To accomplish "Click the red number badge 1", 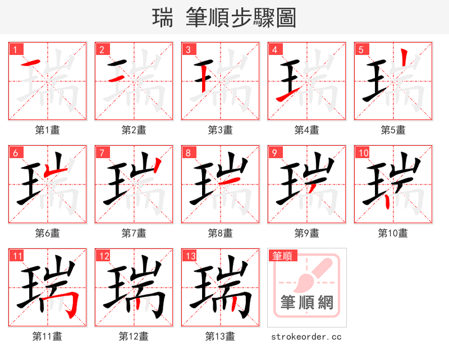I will tap(15, 49).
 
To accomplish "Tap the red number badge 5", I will tap(361, 49).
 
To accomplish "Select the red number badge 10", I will tap(363, 153).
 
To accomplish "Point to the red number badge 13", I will tap(190, 256).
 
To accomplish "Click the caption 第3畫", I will tap(220, 130).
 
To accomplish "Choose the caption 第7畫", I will tap(134, 233).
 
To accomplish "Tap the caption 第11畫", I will tap(47, 336).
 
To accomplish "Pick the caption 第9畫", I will tap(306, 233).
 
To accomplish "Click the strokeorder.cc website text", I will tap(306, 336).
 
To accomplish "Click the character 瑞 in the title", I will tap(163, 17).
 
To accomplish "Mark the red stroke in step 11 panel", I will tap(70, 303).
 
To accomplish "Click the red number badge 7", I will tap(102, 153).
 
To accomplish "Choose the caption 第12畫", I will tap(134, 336).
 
